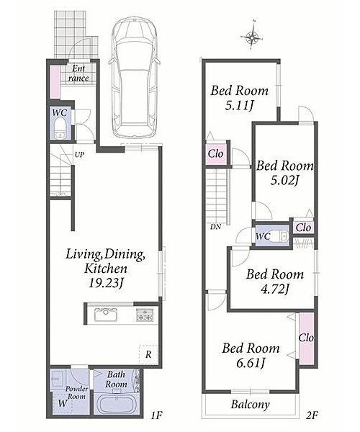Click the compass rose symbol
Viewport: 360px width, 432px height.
coord(253,37)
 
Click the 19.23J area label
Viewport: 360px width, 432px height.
coord(105,283)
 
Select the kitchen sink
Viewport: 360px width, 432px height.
coord(106,315)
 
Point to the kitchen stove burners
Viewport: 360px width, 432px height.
coord(145,315)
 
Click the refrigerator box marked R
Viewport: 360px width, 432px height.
coord(148,354)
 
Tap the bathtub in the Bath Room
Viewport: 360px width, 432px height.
coord(117,403)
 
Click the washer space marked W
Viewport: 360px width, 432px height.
coord(63,403)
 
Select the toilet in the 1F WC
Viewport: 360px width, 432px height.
coord(60,128)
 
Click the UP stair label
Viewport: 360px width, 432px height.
coord(79,155)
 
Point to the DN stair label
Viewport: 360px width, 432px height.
coord(215,227)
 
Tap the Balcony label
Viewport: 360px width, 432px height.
coord(250,405)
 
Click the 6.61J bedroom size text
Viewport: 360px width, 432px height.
coord(251,364)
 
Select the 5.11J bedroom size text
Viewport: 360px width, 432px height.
coord(239,106)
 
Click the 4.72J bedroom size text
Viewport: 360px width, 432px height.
coord(274,289)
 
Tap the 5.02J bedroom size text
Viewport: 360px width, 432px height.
coord(284,181)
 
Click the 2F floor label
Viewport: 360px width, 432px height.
coord(312,415)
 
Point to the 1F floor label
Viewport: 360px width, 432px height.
coord(157,415)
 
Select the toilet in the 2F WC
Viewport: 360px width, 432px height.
coord(281,236)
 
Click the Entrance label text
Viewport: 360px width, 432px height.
coord(78,73)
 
